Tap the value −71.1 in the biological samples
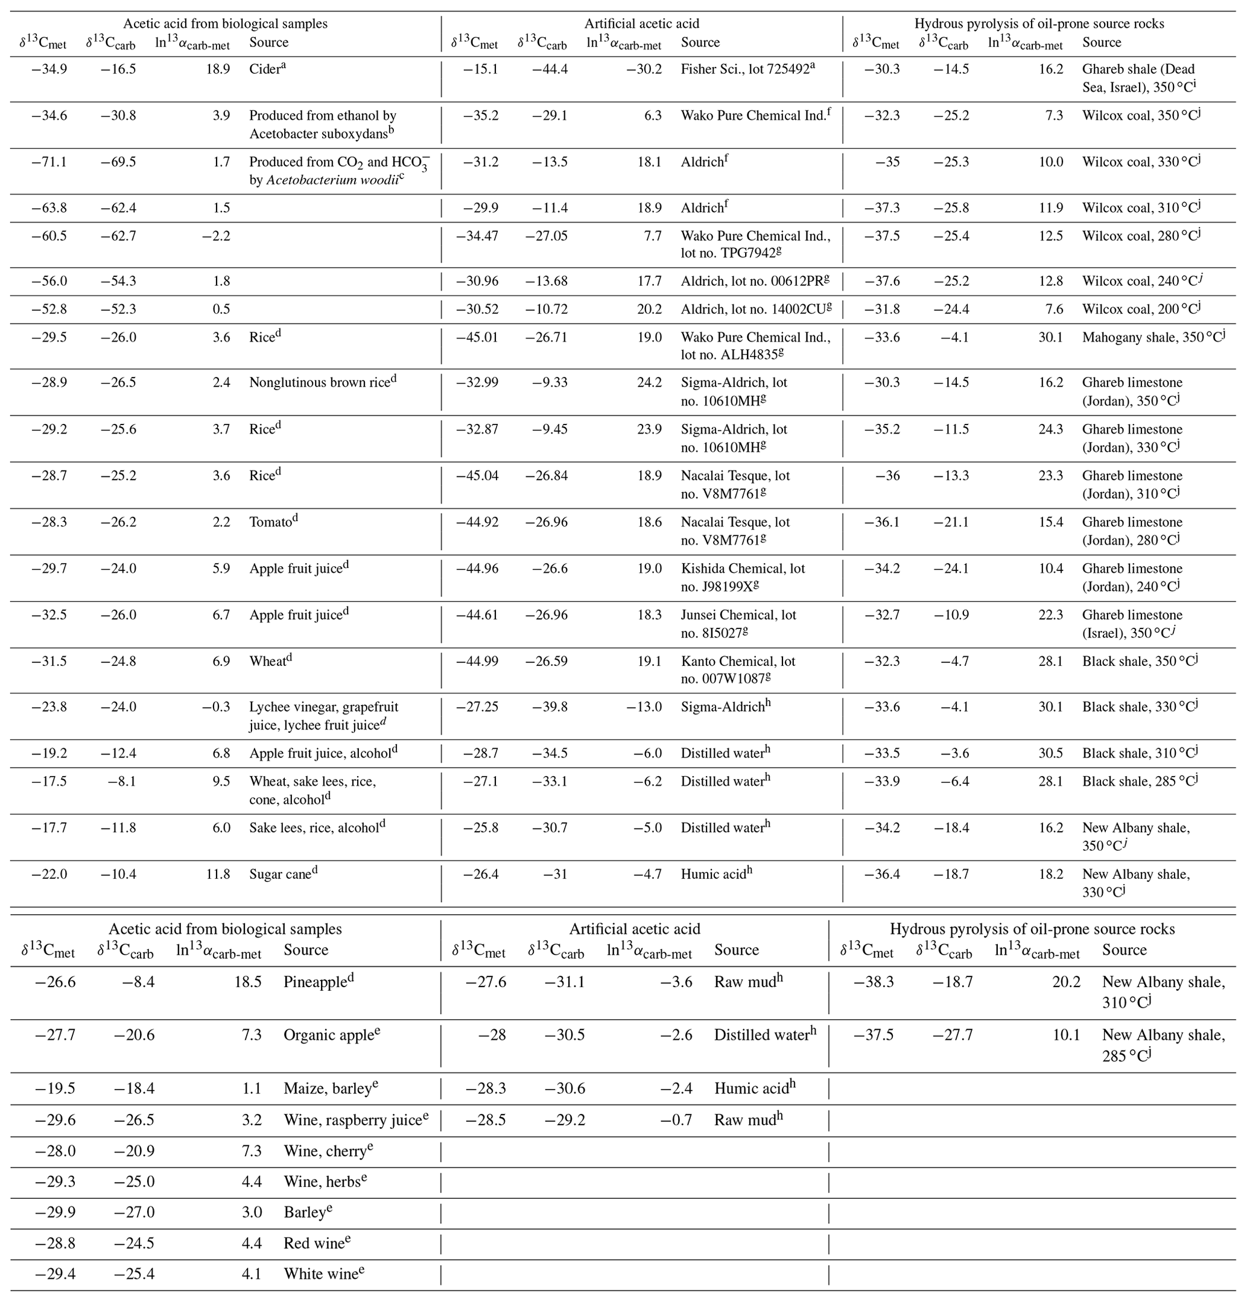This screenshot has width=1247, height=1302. click(x=50, y=162)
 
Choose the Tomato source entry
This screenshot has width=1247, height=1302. click(x=273, y=522)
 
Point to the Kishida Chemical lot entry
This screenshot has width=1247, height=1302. click(x=743, y=577)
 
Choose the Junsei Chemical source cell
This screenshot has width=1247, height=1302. click(x=738, y=624)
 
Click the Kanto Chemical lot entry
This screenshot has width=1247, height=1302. click(x=738, y=670)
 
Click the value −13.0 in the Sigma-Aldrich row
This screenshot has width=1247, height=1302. click(x=644, y=707)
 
